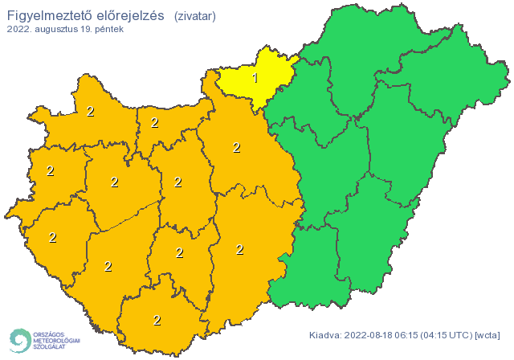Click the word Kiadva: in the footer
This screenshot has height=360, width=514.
pyautogui.click(x=325, y=334)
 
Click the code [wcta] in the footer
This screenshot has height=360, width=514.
pyautogui.click(x=489, y=334)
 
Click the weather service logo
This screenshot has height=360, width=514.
pyautogui.click(x=44, y=340)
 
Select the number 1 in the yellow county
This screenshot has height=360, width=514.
pyautogui.click(x=255, y=78)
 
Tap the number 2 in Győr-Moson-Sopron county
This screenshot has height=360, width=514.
pyautogui.click(x=90, y=111)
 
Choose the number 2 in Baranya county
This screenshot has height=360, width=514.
pyautogui.click(x=157, y=320)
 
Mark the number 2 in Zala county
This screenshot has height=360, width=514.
pyautogui.click(x=53, y=237)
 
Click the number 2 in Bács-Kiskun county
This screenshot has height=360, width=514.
pyautogui.click(x=239, y=249)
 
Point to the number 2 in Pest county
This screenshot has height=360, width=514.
pyautogui.click(x=236, y=147)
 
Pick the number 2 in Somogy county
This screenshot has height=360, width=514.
pyautogui.click(x=108, y=266)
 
